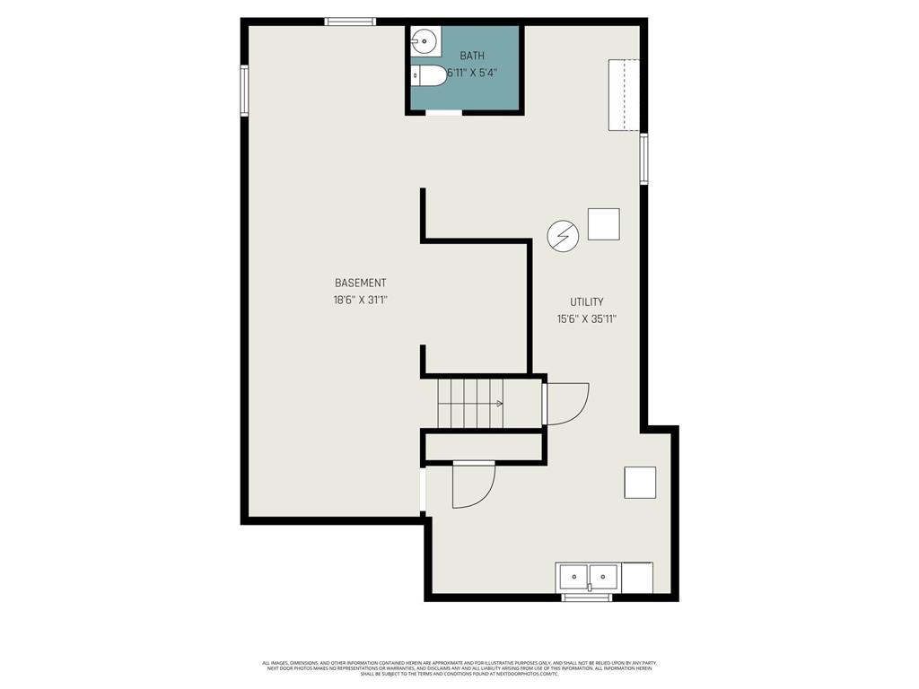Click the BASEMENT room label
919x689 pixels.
tap(360, 283)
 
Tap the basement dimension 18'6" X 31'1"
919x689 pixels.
tap(360, 301)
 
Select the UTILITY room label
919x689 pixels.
tap(587, 302)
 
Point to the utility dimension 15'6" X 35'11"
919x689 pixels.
tap(587, 318)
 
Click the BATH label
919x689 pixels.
tap(472, 56)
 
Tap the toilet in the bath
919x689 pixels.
tap(429, 76)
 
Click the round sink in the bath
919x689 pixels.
tap(424, 40)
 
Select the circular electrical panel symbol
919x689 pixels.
tap(563, 237)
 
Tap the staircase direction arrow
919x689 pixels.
tap(499, 404)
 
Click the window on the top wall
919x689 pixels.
tap(350, 22)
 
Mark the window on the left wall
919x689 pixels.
tap(244, 90)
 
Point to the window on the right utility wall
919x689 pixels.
tap(643, 159)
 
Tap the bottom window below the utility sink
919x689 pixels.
tap(586, 597)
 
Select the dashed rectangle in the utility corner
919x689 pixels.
tap(624, 94)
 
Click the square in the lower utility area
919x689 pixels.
tap(640, 483)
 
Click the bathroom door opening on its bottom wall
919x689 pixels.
tap(443, 112)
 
